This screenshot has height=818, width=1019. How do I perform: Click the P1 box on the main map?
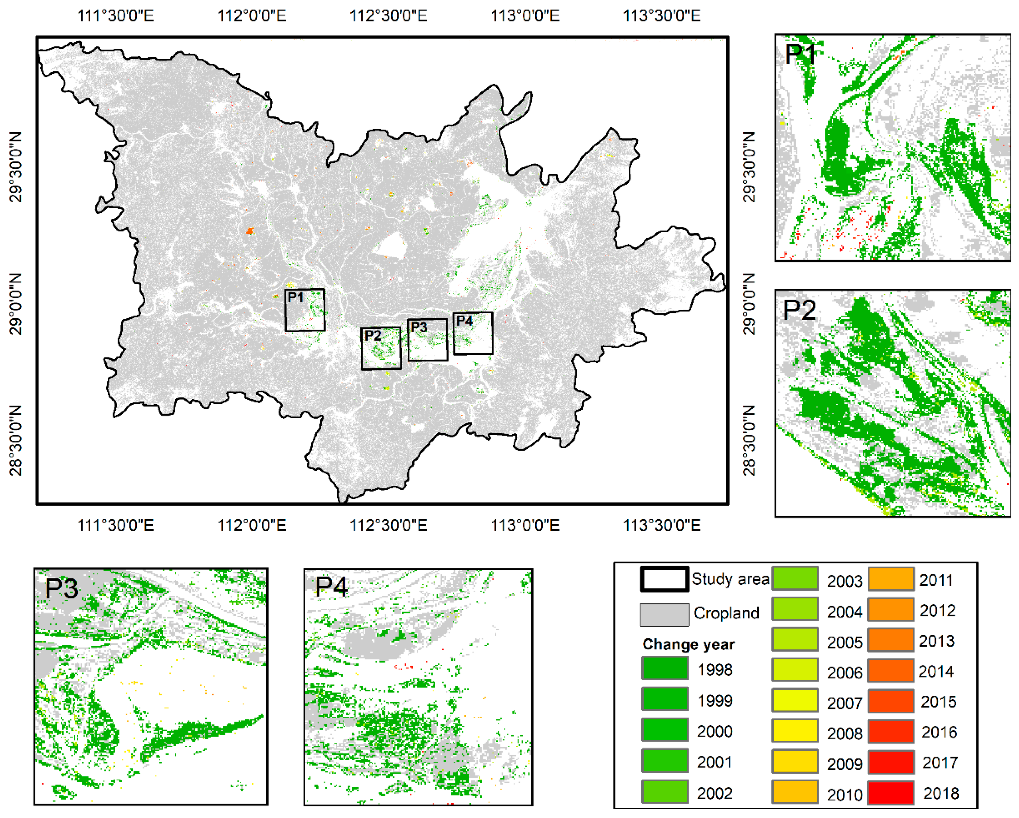tap(305, 310)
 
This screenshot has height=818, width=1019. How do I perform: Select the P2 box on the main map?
tap(381, 349)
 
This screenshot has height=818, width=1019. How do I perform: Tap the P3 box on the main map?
tap(427, 340)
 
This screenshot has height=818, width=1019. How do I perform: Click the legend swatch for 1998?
tap(664, 668)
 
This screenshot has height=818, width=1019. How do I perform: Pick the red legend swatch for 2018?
tap(891, 793)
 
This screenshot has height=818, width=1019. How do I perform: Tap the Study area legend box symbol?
tap(664, 579)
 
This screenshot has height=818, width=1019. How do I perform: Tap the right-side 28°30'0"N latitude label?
tap(749, 441)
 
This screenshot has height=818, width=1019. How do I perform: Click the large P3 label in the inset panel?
tap(61, 589)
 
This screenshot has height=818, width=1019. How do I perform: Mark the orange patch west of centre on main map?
tap(250, 231)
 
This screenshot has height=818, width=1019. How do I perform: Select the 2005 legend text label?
tap(845, 642)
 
